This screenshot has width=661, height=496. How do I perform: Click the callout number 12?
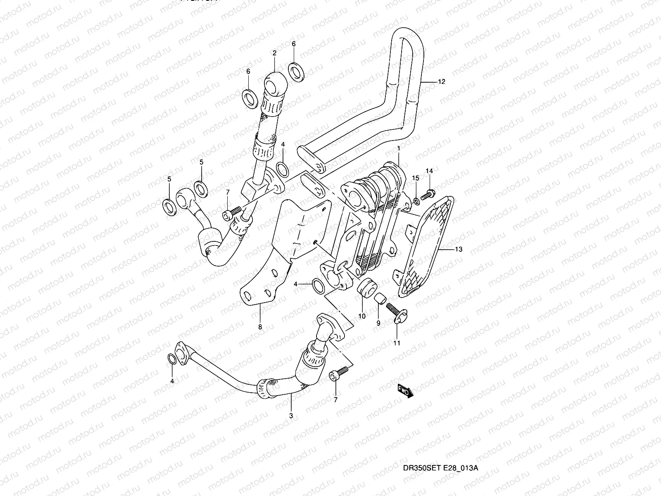coord(441,82)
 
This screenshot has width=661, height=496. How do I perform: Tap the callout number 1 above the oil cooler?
coord(398,148)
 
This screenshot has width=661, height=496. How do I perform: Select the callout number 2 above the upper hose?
coord(274,53)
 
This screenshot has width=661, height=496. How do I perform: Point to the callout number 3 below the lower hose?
coord(291,415)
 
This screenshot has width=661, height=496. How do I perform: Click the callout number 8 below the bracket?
coord(260,327)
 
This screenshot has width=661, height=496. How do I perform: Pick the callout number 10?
coord(362,316)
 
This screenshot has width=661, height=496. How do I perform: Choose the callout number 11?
coord(397,343)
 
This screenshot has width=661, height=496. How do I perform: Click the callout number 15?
coord(416,178)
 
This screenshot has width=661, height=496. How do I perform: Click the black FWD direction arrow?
coord(405,391)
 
